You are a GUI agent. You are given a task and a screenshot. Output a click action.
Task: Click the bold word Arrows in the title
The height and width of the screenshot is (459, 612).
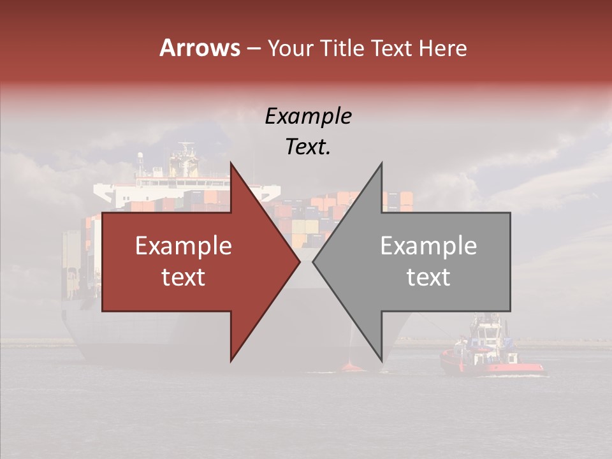[x=200, y=48]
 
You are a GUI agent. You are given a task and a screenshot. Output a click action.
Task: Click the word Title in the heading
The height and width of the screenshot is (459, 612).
[x=345, y=48]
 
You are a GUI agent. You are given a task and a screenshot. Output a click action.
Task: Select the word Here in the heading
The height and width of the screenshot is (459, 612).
[x=442, y=48]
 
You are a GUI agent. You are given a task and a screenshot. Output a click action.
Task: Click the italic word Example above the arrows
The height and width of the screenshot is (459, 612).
[x=309, y=116]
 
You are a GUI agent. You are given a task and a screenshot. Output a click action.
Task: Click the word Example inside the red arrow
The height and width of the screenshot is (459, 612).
[x=184, y=246]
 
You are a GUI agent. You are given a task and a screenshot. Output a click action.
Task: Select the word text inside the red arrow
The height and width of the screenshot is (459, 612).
[x=184, y=277]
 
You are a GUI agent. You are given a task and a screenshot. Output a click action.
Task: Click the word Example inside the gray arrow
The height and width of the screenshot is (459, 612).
[x=428, y=246]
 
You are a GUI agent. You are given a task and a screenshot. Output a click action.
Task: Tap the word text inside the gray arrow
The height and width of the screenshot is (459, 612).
[x=428, y=277]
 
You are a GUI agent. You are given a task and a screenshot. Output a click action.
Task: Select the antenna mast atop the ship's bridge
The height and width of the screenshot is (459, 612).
[x=186, y=150]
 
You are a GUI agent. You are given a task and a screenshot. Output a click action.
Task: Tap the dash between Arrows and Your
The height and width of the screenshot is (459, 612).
[x=253, y=48]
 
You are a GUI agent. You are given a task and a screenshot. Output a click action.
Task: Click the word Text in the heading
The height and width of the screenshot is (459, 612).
[x=390, y=48]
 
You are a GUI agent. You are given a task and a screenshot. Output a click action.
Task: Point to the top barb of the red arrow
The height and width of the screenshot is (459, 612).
[x=231, y=164]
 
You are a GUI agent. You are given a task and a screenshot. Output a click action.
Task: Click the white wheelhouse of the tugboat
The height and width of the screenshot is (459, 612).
[x=486, y=333]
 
